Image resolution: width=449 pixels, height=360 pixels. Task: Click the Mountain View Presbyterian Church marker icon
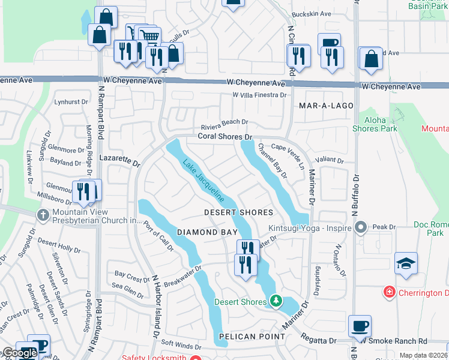click(43, 215)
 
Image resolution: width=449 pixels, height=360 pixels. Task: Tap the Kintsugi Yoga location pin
click(360, 227)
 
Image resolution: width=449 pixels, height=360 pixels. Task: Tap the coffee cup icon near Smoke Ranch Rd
click(360, 326)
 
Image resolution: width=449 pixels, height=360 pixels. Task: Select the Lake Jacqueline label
click(203, 181)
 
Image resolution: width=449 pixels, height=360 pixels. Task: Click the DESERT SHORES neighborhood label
click(238, 212)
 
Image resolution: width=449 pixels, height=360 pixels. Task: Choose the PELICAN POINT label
click(252, 337)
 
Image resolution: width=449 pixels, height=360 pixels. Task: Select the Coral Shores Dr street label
click(223, 137)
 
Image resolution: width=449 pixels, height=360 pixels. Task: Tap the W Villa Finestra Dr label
click(260, 95)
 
